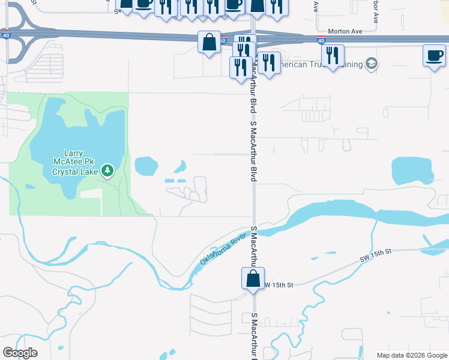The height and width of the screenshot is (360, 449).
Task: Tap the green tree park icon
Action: coord(107,172)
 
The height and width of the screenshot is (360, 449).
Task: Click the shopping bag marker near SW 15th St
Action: coord(253,278)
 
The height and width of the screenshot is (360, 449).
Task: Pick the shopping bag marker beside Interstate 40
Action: coord(209,43)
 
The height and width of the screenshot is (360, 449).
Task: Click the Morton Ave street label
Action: coord(346,31)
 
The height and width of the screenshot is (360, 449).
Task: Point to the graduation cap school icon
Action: coord(372,64)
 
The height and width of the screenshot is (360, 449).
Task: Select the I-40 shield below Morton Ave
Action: coord(321,41)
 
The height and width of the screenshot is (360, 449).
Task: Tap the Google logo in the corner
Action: coord(20,353)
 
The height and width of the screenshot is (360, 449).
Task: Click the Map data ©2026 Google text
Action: coord(411,355)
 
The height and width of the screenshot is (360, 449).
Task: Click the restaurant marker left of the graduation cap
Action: coord(332,56)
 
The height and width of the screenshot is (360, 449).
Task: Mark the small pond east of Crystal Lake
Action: coord(146,164)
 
